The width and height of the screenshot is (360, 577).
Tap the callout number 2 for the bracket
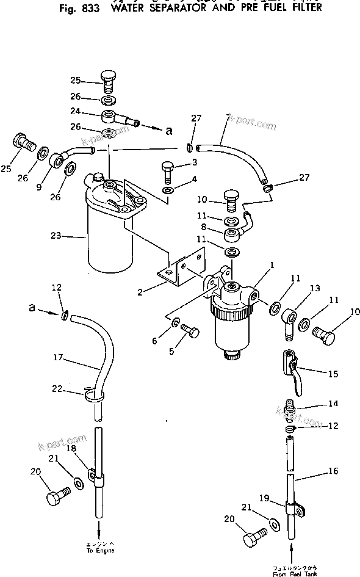pos(141,292)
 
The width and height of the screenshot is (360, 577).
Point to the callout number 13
pos(314,288)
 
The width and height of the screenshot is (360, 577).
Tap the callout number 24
pos(92,112)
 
